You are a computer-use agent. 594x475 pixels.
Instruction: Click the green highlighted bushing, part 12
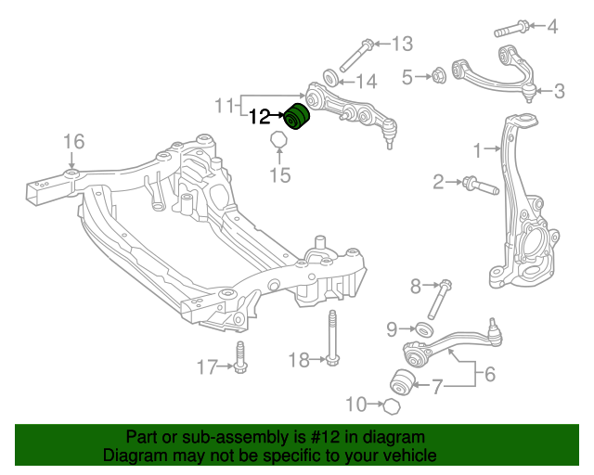297,118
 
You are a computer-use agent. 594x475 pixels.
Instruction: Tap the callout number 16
73,141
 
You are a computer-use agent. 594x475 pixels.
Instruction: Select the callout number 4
552,26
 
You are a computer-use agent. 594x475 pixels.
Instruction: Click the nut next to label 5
439,74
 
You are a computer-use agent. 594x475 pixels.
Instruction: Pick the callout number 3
559,91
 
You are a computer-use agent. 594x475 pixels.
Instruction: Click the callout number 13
401,43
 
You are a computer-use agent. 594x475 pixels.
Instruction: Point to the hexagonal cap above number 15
278,142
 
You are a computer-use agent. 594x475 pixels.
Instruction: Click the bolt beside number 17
241,359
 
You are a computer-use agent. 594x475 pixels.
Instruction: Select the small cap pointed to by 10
394,405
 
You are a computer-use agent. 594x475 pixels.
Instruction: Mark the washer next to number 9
423,328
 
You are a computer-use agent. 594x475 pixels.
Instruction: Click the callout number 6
489,374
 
